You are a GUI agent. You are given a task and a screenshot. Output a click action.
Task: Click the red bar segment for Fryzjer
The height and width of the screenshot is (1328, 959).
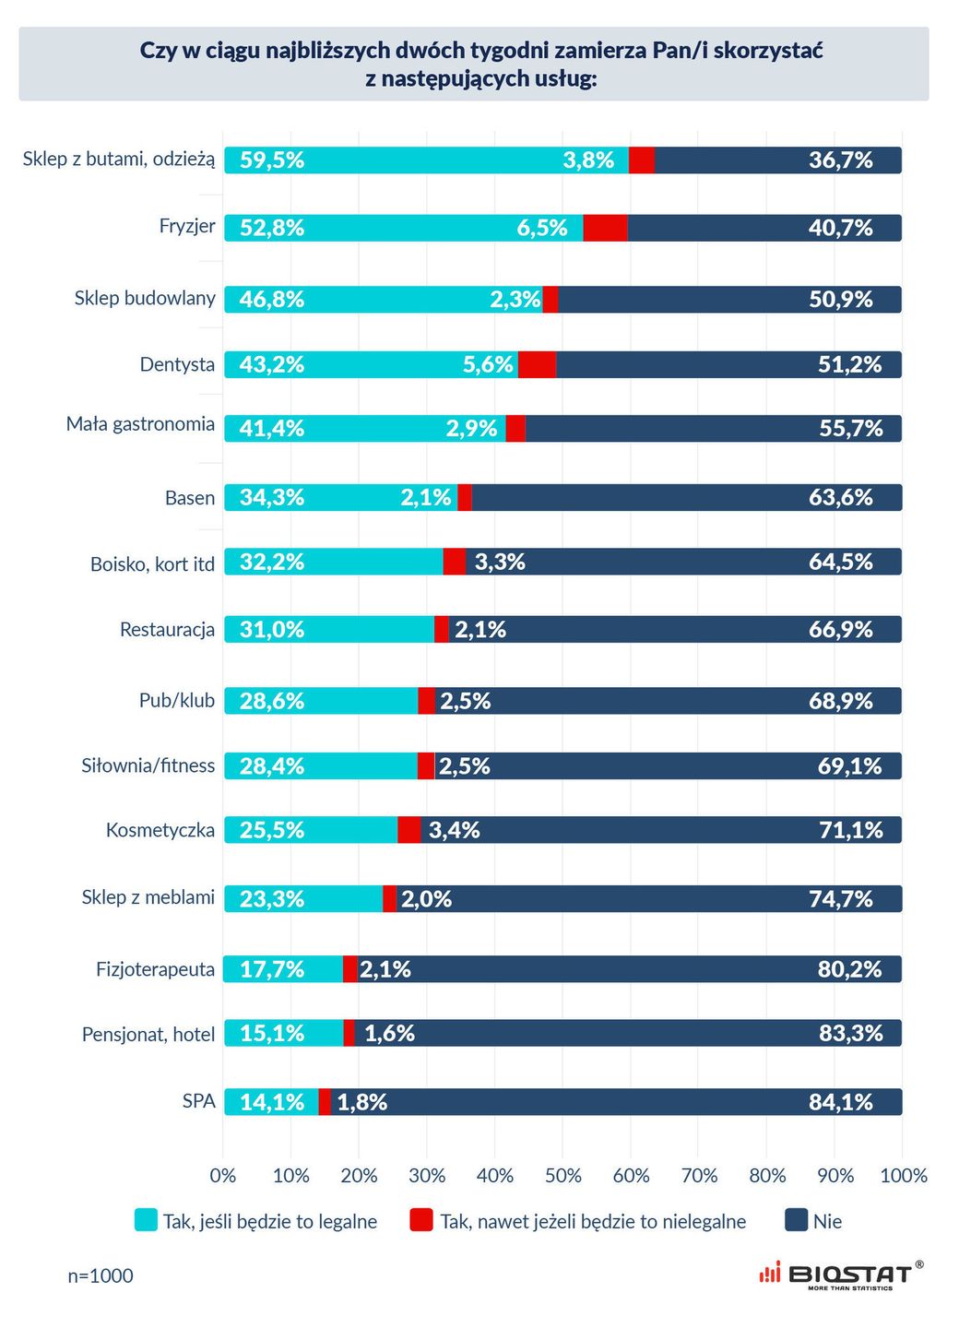[605, 228]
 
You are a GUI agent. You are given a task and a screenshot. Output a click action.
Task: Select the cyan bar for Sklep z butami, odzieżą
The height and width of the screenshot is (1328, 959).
[426, 160]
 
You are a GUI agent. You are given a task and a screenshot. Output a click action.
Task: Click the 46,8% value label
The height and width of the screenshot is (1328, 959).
[272, 299]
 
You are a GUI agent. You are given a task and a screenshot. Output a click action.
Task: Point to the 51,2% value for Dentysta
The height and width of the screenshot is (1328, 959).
[849, 364]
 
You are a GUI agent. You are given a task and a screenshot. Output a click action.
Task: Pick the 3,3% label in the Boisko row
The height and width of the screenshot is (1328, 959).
[500, 562]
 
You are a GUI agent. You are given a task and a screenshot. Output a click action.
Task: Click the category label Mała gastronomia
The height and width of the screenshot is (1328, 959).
[140, 424]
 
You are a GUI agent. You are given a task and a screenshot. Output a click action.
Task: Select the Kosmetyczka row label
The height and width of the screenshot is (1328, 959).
[160, 830]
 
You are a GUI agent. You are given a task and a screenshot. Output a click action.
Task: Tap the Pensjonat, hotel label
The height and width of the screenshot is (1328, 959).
[148, 1035]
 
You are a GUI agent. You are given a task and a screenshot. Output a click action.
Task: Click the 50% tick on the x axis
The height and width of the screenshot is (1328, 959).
[562, 1176]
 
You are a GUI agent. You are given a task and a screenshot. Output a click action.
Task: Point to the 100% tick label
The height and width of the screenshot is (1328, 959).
[904, 1176]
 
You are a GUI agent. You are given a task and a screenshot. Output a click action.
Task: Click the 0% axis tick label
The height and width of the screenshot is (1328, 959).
[223, 1176]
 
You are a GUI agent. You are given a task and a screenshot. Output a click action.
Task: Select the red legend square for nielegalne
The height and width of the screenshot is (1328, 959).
[421, 1220]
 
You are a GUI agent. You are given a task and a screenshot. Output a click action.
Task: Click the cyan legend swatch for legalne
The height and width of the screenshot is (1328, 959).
[146, 1220]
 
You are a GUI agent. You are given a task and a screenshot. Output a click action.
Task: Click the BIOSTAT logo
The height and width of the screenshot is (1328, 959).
[839, 1275]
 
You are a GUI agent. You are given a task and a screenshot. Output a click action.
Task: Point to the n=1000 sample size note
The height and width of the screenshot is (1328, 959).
[101, 1275]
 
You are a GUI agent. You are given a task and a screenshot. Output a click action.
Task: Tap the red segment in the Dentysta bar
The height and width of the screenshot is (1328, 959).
[537, 364]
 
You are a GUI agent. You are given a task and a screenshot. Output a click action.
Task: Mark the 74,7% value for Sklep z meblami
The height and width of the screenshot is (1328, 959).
[840, 899]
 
